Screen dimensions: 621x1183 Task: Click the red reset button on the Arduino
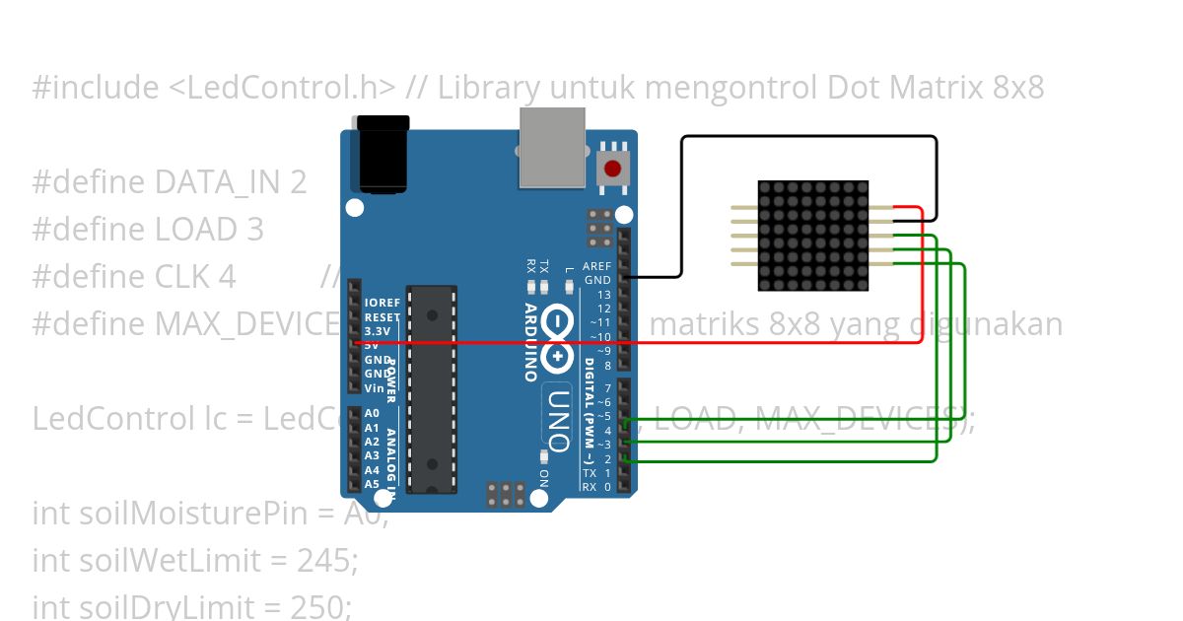click(614, 169)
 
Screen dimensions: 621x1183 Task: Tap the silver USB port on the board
click(552, 147)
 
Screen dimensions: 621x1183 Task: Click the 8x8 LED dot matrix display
click(812, 236)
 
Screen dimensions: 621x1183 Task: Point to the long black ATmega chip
click(432, 389)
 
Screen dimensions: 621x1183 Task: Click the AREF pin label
click(597, 266)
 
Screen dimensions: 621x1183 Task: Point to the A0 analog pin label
click(372, 414)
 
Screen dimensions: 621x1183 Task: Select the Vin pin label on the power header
click(373, 388)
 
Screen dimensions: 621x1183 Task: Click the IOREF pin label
click(382, 304)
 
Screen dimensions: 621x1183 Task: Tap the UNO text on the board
click(558, 419)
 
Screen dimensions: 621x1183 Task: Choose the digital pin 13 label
click(603, 295)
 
